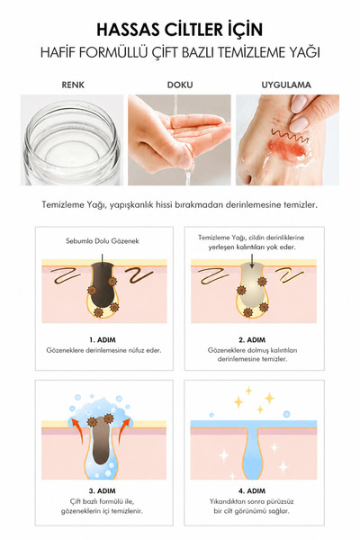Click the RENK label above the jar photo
tap(73, 85)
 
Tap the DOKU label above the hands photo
tap(180, 85)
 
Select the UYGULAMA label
tap(286, 85)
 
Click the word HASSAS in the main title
tap(127, 30)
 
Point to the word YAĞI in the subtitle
tap(304, 52)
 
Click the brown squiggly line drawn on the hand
tap(289, 136)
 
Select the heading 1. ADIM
tap(103, 340)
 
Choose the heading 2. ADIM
tap(252, 340)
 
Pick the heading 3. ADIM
tap(103, 490)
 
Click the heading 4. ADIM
tap(252, 490)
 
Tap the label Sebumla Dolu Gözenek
tap(103, 241)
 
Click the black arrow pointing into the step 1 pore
tap(102, 259)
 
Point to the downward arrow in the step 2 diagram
tap(252, 261)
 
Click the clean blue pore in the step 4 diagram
tap(253, 451)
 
